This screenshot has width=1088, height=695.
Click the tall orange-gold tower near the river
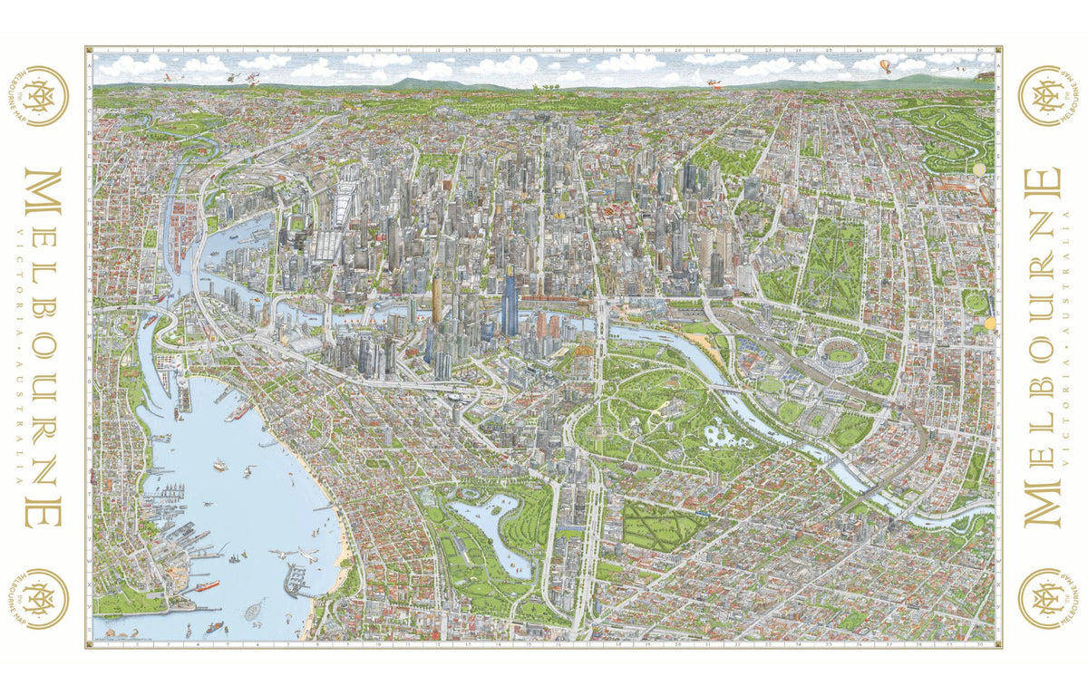point(436,300)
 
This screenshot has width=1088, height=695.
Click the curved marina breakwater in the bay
point(294,580)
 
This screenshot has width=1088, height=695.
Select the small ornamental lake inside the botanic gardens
point(725,436)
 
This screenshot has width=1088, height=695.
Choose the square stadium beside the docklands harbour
point(298,222)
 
